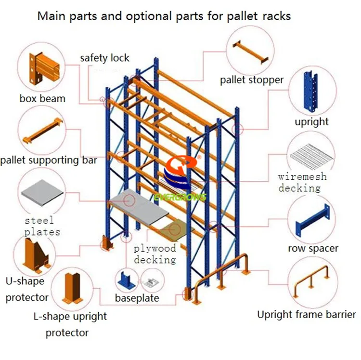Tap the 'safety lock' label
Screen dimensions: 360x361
click(x=104, y=58)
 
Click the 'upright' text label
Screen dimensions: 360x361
click(x=311, y=122)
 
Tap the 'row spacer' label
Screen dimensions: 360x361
click(x=313, y=249)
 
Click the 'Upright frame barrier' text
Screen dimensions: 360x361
click(x=306, y=315)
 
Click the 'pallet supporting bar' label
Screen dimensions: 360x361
click(x=48, y=160)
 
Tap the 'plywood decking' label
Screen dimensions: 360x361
click(x=155, y=254)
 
